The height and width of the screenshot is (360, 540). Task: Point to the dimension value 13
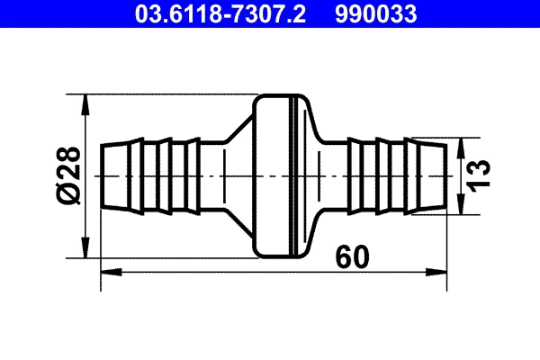[482, 173]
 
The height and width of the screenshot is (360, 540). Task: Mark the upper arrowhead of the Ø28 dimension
[87, 103]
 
